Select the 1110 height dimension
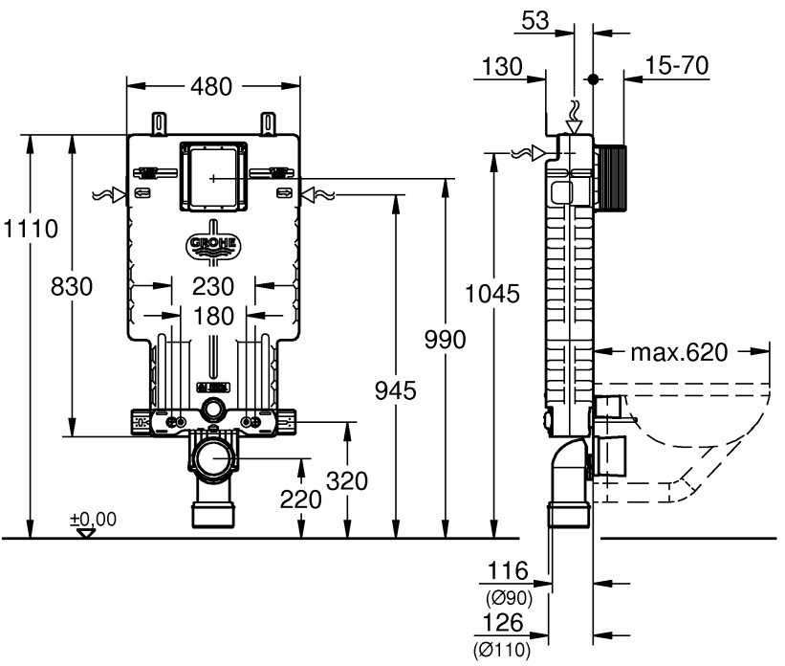pos(31,230)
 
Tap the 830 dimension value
pos(73,286)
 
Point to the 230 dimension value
pos(213,285)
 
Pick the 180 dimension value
pos(213,315)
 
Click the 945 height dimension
pos(396,389)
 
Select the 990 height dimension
pos(446,340)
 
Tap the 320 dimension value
pos(347,481)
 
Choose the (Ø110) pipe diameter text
pos(503,648)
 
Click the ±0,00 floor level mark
pos(93,520)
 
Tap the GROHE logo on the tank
pos(213,245)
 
